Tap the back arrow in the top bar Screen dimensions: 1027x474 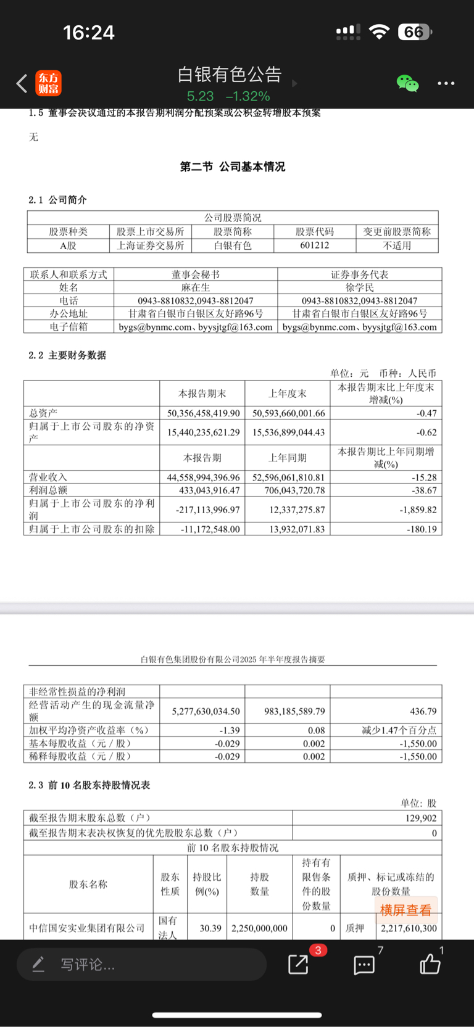click(22, 83)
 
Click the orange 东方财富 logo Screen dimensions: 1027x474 click(49, 83)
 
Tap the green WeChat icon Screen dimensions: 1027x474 click(407, 83)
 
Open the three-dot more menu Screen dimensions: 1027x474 click(446, 83)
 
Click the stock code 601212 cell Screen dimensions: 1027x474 click(315, 245)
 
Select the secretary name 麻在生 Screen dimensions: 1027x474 click(196, 287)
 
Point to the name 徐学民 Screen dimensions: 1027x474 click(360, 287)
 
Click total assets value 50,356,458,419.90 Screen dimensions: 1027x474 click(203, 413)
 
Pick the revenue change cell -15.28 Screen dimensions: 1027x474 click(424, 477)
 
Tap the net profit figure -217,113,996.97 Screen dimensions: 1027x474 click(203, 510)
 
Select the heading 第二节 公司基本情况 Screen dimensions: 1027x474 click(233, 167)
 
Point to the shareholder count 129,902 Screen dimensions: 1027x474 click(421, 818)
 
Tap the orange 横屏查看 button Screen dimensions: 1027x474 click(405, 910)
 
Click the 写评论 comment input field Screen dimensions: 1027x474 click(142, 964)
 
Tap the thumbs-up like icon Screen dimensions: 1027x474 click(430, 964)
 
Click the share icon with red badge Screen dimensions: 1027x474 click(299, 964)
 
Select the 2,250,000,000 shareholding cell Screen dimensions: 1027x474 click(259, 928)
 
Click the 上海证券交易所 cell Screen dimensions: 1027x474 click(151, 245)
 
